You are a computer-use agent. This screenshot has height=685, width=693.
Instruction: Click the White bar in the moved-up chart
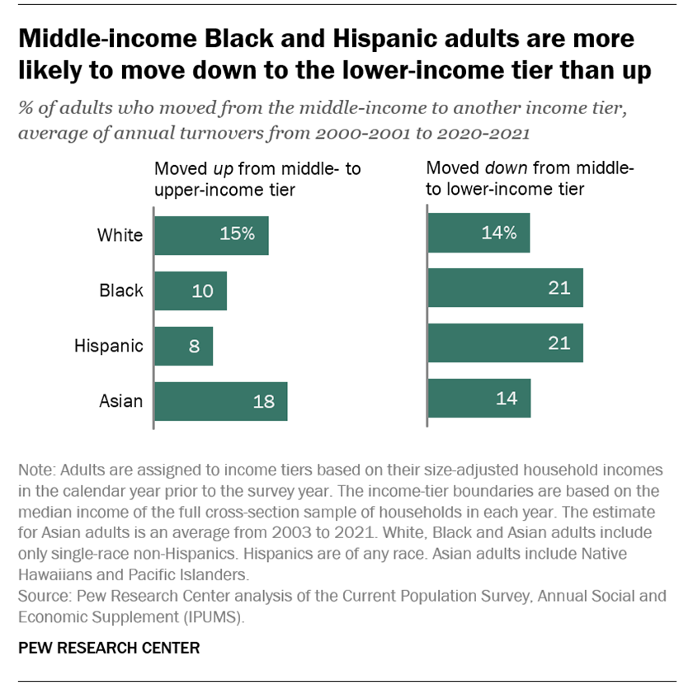[x=212, y=234]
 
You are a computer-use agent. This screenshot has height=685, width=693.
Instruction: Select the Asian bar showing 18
[x=221, y=402]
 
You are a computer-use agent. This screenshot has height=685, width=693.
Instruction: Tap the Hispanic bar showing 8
[x=184, y=346]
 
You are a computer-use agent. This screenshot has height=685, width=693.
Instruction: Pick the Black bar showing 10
[x=191, y=291]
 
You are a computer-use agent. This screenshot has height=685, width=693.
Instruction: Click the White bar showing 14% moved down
[x=478, y=233]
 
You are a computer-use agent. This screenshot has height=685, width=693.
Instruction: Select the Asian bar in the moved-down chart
[x=478, y=399]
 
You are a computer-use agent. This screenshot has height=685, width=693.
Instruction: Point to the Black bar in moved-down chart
[x=505, y=288]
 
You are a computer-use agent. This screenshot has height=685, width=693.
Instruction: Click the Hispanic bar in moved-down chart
[x=505, y=343]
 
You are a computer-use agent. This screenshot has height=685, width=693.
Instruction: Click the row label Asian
[x=121, y=402]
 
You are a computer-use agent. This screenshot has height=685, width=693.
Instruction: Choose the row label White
[x=120, y=235]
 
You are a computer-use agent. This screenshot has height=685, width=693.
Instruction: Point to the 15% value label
[x=238, y=234]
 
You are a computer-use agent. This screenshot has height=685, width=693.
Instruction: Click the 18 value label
[x=262, y=403]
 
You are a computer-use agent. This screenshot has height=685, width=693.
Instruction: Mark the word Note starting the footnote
[x=34, y=470]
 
